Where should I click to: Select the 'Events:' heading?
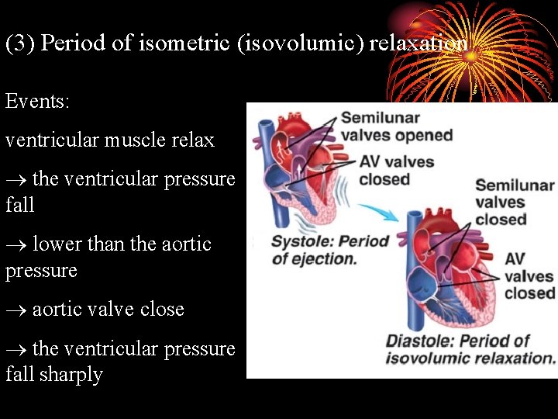pos(38,102)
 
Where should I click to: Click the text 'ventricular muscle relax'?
pos(110,140)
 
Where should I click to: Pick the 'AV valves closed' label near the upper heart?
pos(396,171)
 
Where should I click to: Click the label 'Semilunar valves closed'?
pos(515,202)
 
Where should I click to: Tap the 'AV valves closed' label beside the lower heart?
pos(529,275)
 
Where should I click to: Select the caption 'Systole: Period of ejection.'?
pos(329,250)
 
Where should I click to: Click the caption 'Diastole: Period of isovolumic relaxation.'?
pos(470,349)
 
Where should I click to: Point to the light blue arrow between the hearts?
pos(376,213)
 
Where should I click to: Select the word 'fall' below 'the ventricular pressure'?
pos(20,206)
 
